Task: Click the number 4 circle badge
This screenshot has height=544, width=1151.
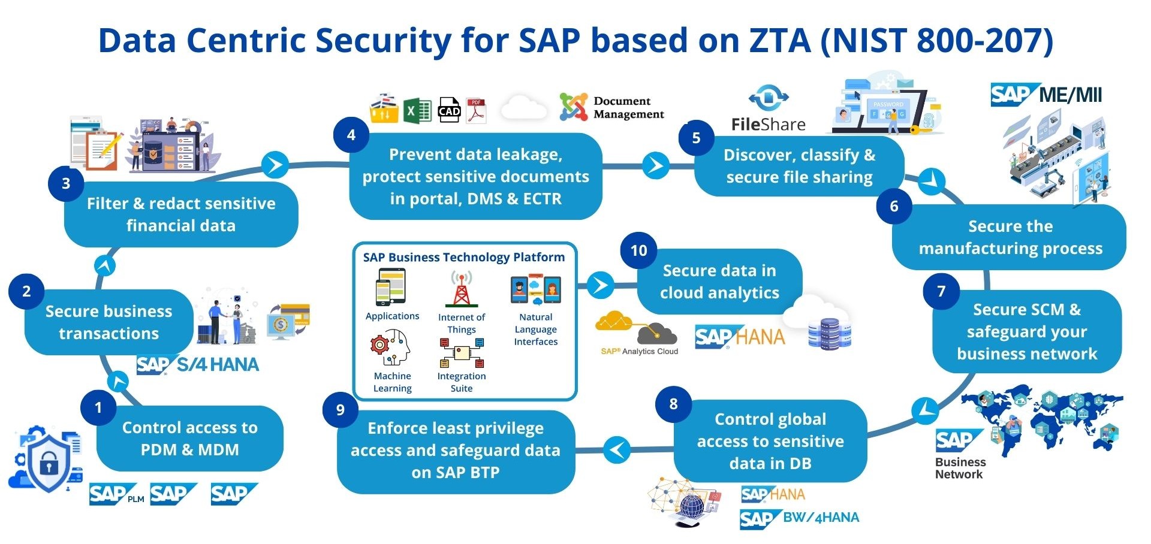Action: pos(351,135)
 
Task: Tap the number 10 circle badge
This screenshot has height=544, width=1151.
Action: pos(638,250)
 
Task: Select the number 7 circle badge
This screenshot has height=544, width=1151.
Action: pos(941,291)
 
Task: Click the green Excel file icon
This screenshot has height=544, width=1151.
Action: pos(417,111)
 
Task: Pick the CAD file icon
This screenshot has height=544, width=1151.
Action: pos(449,110)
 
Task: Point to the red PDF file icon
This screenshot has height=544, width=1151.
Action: pos(476,111)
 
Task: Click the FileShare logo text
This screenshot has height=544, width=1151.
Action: pos(768,125)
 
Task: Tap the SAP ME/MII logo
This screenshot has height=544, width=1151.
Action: pos(1046,95)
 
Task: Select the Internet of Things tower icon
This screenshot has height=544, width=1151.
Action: pos(461,289)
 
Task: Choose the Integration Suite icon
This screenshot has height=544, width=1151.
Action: pos(461,353)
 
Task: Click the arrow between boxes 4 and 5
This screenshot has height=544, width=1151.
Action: pos(656,165)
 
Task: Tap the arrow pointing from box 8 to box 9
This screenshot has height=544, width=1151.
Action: pos(617,449)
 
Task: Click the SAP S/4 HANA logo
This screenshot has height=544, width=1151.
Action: pos(198,365)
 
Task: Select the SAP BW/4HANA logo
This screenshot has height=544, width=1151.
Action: pos(799,518)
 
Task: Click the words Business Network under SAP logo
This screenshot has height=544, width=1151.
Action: pos(960,468)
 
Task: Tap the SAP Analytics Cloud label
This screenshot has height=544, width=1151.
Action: pos(640,352)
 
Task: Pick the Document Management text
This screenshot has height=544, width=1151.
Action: pos(628,108)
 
